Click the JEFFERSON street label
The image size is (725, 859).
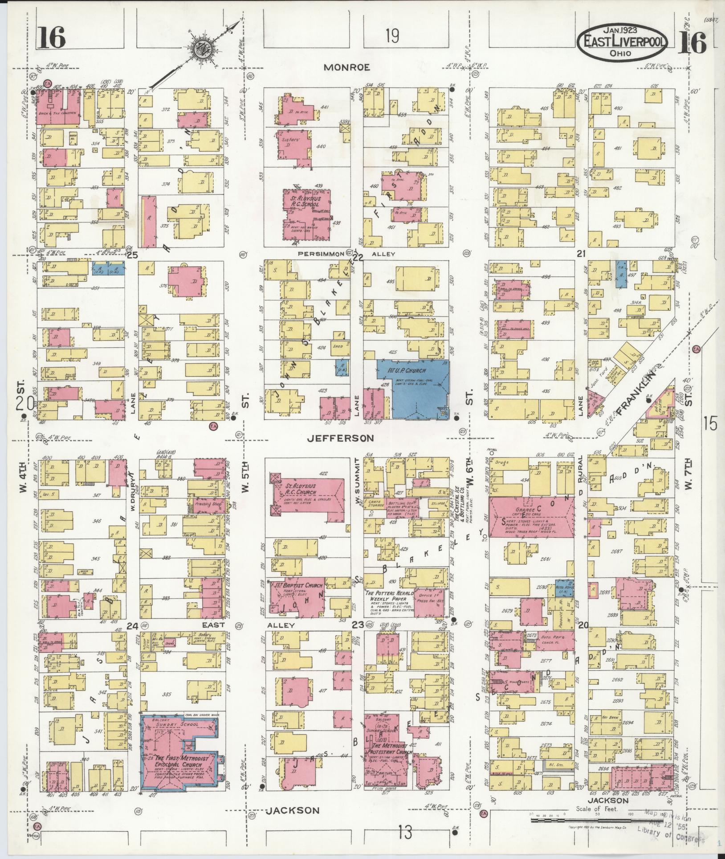[340, 439]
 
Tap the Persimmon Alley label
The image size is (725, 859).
[321, 254]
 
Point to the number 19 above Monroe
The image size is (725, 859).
[392, 36]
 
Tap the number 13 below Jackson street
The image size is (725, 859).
[405, 832]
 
